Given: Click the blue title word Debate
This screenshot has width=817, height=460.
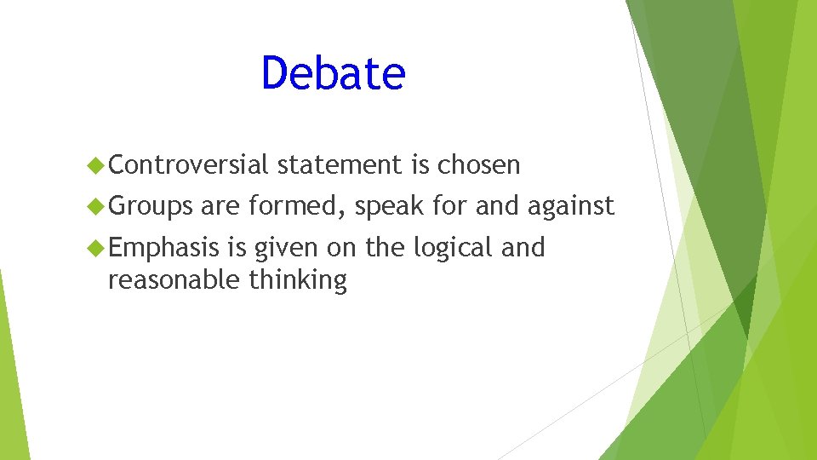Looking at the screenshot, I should (333, 73).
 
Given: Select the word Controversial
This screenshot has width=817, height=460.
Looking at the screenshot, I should (188, 164).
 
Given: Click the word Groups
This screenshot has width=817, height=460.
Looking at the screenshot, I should (151, 206).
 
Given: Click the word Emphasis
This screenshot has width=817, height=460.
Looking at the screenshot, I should (163, 248).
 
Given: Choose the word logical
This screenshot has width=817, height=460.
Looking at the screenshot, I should (452, 249).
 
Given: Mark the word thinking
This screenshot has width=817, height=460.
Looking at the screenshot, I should (298, 279).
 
